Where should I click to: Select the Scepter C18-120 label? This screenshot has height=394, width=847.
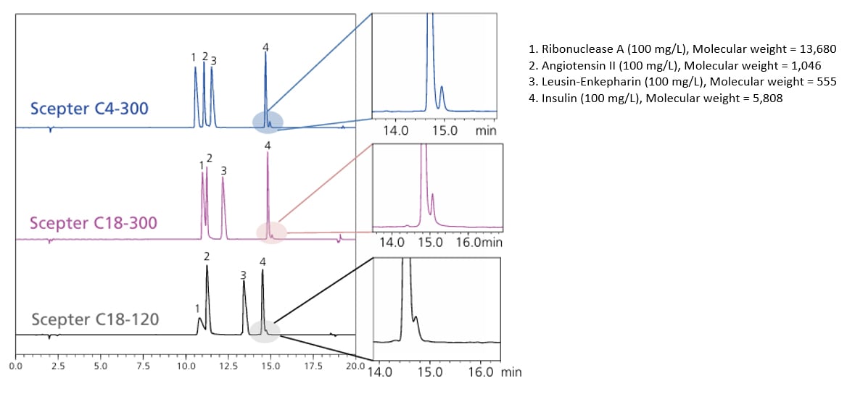[x=96, y=319]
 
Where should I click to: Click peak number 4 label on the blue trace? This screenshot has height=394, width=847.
[x=265, y=48]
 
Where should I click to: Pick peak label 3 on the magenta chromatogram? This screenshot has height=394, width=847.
[x=223, y=171]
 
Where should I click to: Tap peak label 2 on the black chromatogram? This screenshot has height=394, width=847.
[x=207, y=256]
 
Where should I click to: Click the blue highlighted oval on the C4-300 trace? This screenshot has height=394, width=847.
[x=268, y=122]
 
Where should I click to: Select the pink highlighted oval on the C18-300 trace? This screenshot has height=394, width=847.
[x=271, y=232]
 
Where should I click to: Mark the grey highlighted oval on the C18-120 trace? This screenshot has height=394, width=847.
[x=265, y=331]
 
